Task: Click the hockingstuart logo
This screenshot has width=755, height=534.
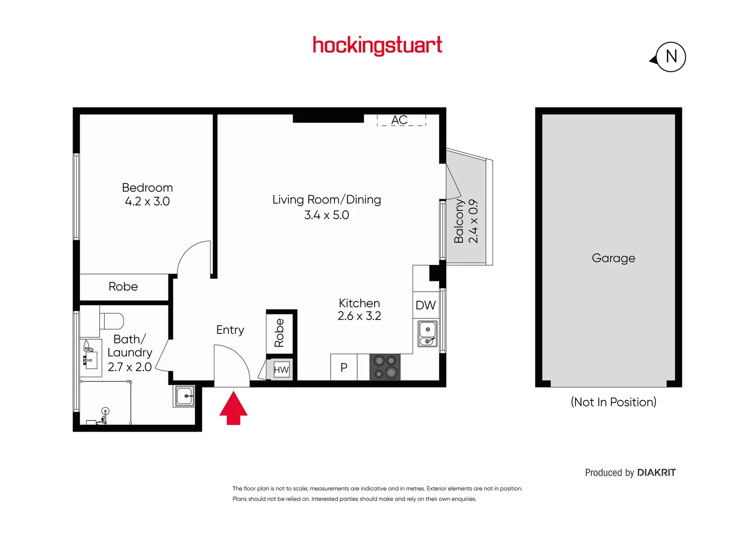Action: [x=377, y=45]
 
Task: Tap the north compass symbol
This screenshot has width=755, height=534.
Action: [x=670, y=57]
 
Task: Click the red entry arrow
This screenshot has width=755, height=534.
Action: [x=233, y=408]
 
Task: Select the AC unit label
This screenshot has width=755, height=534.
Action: [x=400, y=120]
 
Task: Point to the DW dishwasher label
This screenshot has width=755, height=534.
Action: [x=425, y=305]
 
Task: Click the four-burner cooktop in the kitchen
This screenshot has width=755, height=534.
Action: [x=385, y=367]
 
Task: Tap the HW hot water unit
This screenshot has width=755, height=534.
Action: [x=281, y=369]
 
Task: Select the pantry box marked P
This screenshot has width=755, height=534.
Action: [x=344, y=367]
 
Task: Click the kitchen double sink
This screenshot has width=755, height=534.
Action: [x=427, y=334]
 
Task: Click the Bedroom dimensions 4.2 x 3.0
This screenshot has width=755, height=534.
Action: [x=147, y=202]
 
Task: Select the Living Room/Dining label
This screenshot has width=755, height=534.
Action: [x=327, y=200]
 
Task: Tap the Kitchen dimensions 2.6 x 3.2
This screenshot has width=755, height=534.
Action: [x=359, y=316]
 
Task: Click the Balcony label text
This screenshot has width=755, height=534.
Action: [x=459, y=221]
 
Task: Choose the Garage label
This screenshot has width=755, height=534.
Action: [x=613, y=258]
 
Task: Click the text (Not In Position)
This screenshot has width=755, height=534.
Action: [x=613, y=402]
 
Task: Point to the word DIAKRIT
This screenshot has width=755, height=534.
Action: [x=656, y=473]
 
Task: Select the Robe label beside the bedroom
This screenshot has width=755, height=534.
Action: [x=123, y=287]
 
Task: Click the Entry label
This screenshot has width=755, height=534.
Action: [x=230, y=330]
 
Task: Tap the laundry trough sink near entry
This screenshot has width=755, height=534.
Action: [x=185, y=396]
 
